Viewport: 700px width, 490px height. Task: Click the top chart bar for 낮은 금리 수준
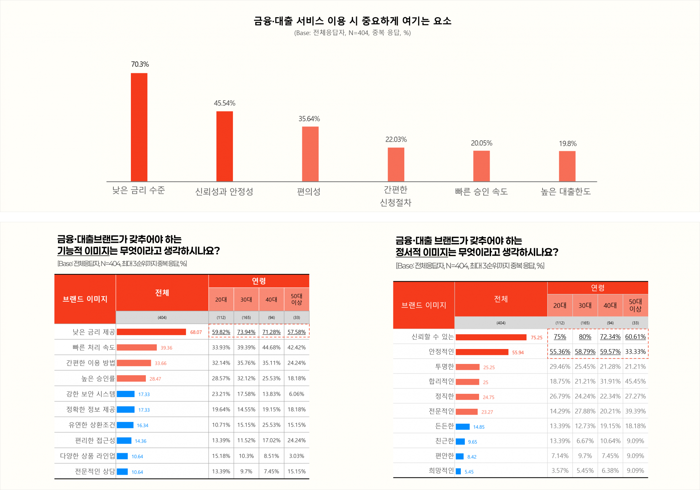(x=139, y=127)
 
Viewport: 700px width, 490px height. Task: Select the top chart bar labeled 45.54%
(x=225, y=146)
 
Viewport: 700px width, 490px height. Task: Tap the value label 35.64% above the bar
(x=309, y=119)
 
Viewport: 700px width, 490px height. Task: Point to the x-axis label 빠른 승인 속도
(x=481, y=192)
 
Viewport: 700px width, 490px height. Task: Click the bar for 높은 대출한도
(x=567, y=166)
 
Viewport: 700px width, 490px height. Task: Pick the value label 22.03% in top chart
(x=396, y=140)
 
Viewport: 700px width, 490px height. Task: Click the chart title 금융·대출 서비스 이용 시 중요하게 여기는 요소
(x=352, y=21)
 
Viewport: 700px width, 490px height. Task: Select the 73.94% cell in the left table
(x=246, y=332)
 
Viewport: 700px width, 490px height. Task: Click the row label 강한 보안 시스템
(x=90, y=394)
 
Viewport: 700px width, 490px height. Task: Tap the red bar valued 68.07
(x=151, y=332)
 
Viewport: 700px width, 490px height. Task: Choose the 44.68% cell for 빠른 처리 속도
(x=271, y=348)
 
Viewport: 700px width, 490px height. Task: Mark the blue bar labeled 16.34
(x=125, y=425)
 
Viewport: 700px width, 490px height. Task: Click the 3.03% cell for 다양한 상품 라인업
(x=296, y=456)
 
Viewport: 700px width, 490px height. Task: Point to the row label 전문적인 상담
(x=95, y=471)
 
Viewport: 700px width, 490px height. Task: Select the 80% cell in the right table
(x=585, y=337)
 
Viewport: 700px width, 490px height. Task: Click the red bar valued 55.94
(x=482, y=352)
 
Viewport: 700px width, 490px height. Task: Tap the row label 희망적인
(x=441, y=471)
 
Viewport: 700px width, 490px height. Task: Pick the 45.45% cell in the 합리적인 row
(x=635, y=381)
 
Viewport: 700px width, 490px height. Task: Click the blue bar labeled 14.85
(x=463, y=427)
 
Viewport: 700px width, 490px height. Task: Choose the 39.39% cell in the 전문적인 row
(x=635, y=411)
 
